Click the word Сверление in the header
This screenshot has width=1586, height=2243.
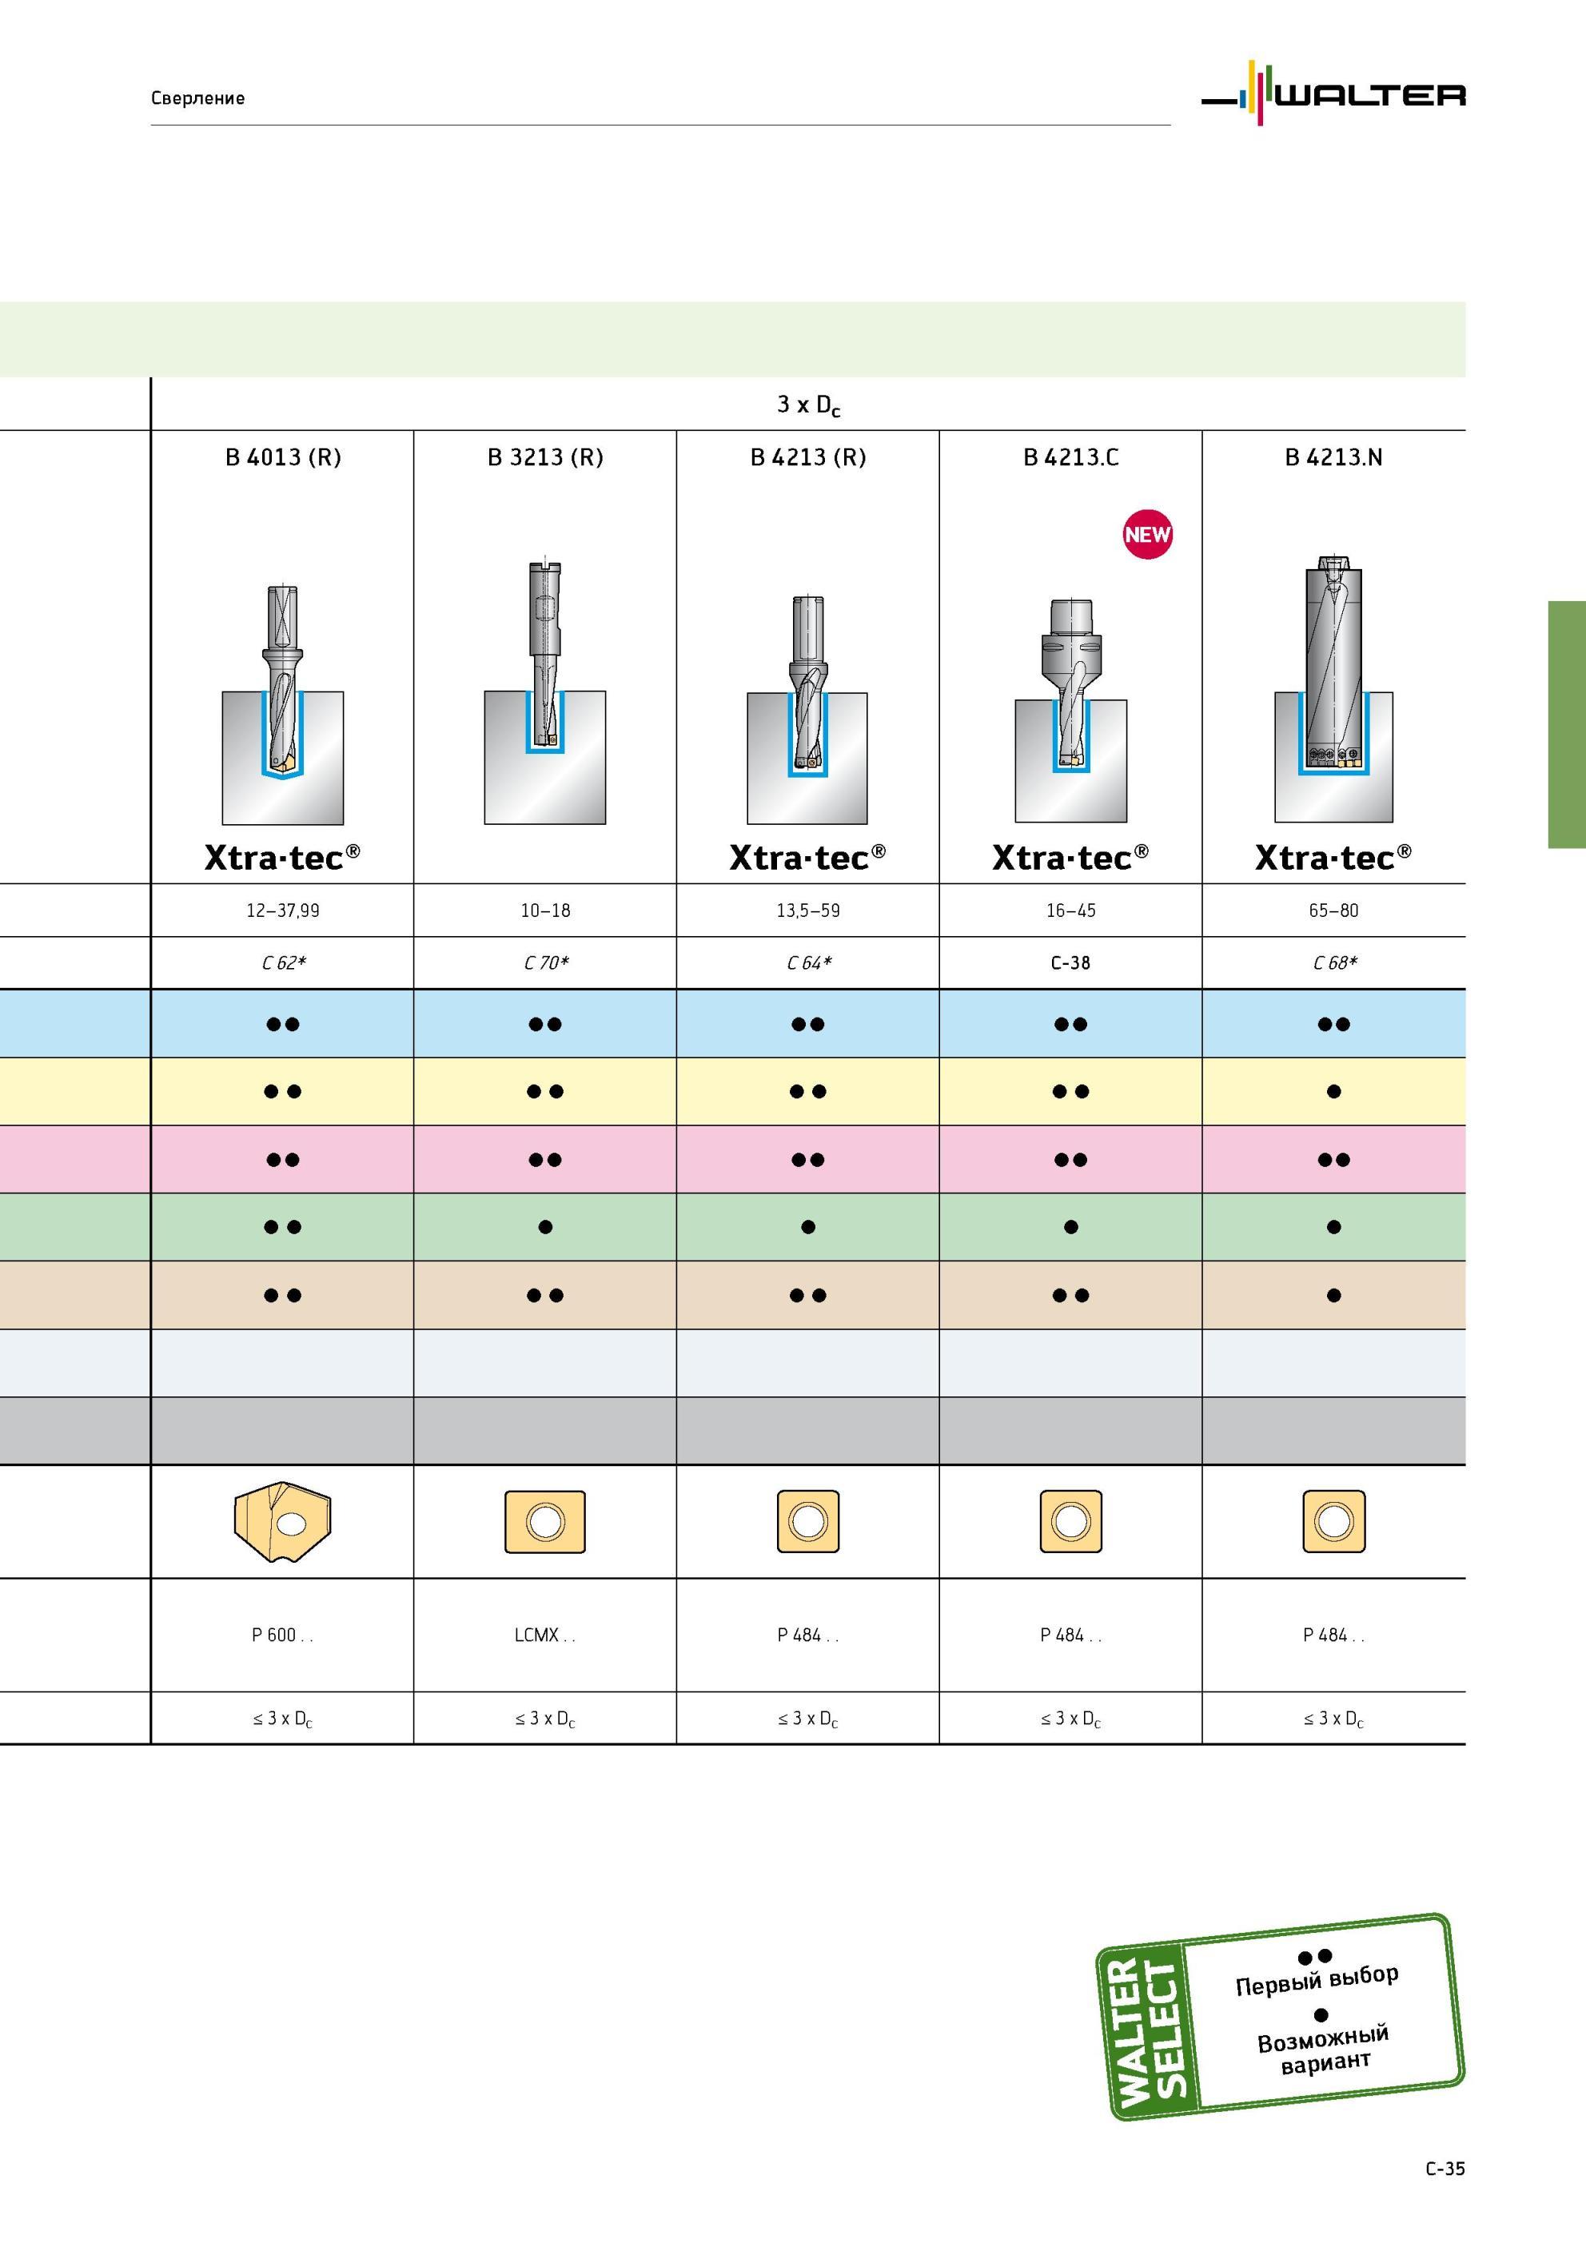(x=197, y=98)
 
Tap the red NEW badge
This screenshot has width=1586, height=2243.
(x=1147, y=535)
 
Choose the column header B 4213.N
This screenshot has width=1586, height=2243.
(x=1334, y=457)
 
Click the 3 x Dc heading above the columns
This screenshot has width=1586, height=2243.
(x=808, y=404)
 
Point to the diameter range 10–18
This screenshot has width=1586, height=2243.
(x=545, y=910)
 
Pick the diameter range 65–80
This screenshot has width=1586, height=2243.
(x=1334, y=910)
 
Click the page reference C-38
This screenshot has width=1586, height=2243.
(x=1070, y=963)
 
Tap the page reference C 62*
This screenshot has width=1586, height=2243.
(x=284, y=963)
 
